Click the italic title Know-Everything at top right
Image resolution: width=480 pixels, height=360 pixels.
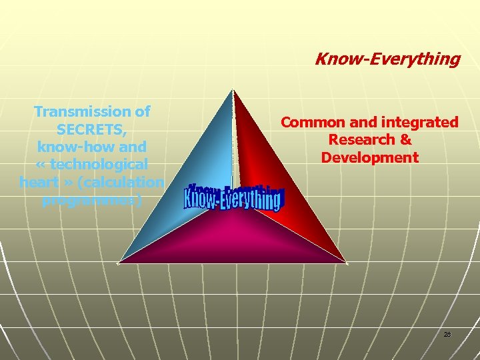coord(387,59)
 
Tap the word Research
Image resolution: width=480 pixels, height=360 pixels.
coord(361,140)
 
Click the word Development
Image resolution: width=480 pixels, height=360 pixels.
coord(369,158)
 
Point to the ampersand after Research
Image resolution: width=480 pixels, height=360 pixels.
coord(405,140)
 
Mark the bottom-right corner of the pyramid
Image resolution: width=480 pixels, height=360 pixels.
coord(347,263)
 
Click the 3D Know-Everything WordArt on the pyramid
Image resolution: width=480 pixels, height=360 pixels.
coord(233,197)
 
